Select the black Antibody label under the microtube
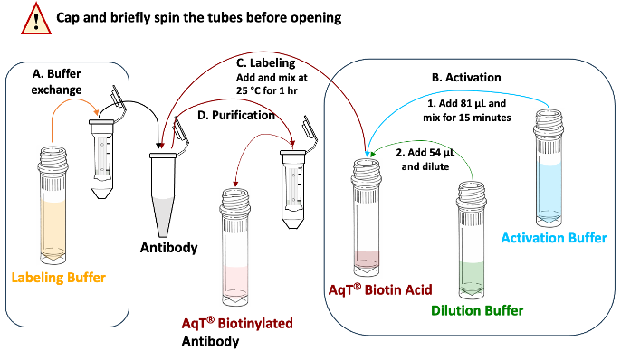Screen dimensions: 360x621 169,246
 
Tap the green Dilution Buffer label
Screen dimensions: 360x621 477,311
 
